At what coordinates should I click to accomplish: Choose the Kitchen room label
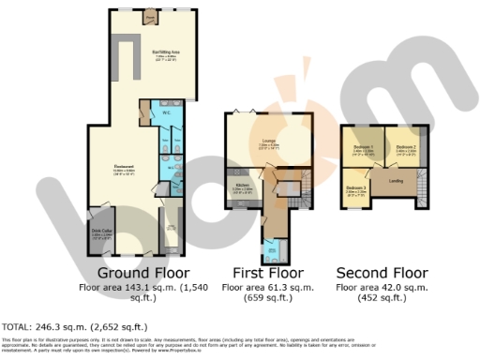[x=242, y=186]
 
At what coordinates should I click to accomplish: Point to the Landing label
[x=395, y=181]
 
